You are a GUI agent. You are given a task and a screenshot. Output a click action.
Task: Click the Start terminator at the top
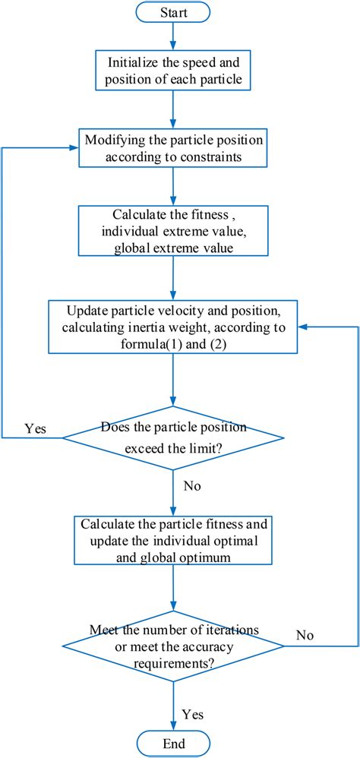174,12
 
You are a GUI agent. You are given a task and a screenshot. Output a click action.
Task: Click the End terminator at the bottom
174,742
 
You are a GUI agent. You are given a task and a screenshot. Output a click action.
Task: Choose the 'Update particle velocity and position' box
174,327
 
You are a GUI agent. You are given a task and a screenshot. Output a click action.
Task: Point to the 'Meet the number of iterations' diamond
174,645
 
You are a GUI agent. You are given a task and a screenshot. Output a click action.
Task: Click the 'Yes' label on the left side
35,428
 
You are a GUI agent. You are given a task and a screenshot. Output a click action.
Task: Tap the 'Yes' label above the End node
193,713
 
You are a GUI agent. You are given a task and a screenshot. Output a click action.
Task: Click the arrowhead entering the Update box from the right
302,327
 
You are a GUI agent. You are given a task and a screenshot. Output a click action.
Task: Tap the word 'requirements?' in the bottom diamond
174,661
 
